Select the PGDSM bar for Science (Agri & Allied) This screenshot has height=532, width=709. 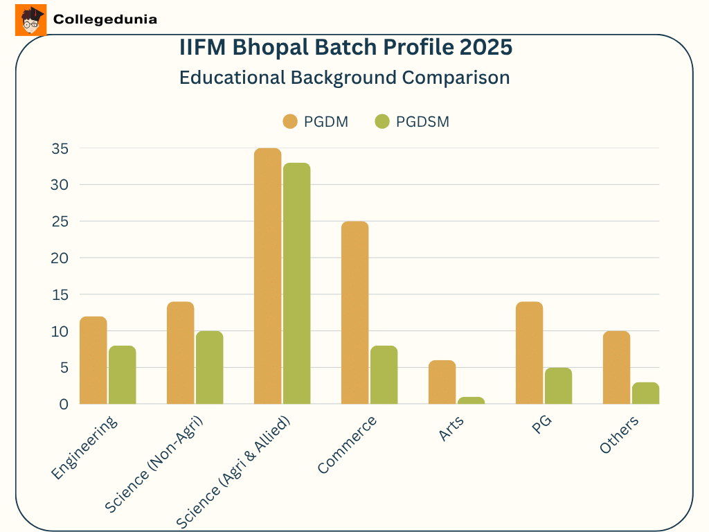click(x=296, y=284)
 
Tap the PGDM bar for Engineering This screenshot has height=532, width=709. click(x=93, y=360)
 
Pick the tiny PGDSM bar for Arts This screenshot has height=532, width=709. click(x=471, y=400)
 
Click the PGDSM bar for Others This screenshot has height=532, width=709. click(x=645, y=393)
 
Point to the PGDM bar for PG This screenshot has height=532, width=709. click(x=529, y=353)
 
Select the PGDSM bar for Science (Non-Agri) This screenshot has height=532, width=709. click(x=209, y=368)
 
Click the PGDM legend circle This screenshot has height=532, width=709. click(x=289, y=122)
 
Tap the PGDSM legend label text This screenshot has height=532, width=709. click(x=422, y=122)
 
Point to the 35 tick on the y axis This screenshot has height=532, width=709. click(x=60, y=148)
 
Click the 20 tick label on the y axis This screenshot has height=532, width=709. click(x=60, y=258)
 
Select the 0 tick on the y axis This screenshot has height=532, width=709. click(x=64, y=404)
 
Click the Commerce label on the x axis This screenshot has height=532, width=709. click(x=348, y=445)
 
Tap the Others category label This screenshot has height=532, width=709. click(x=619, y=436)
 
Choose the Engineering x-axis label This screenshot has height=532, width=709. click(x=84, y=449)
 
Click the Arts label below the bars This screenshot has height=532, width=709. click(x=451, y=429)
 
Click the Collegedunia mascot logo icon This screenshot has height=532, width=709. click(x=30, y=20)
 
